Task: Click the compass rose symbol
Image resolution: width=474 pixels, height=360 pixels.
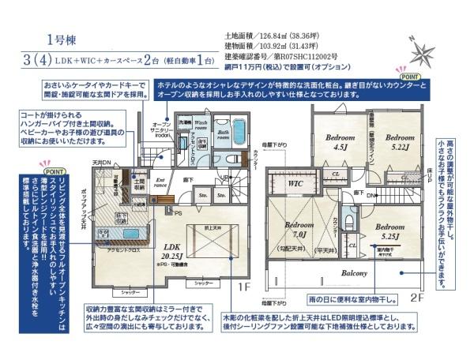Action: click(x=422, y=52)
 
